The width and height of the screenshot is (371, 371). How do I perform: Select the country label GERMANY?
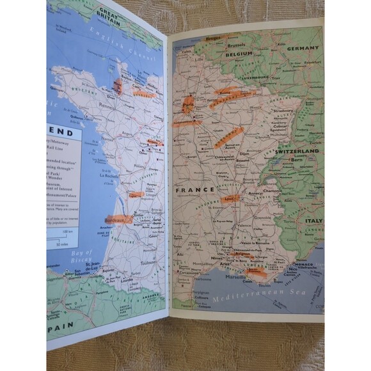pos(303,48)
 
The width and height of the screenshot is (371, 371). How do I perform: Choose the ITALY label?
pos(313,220)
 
